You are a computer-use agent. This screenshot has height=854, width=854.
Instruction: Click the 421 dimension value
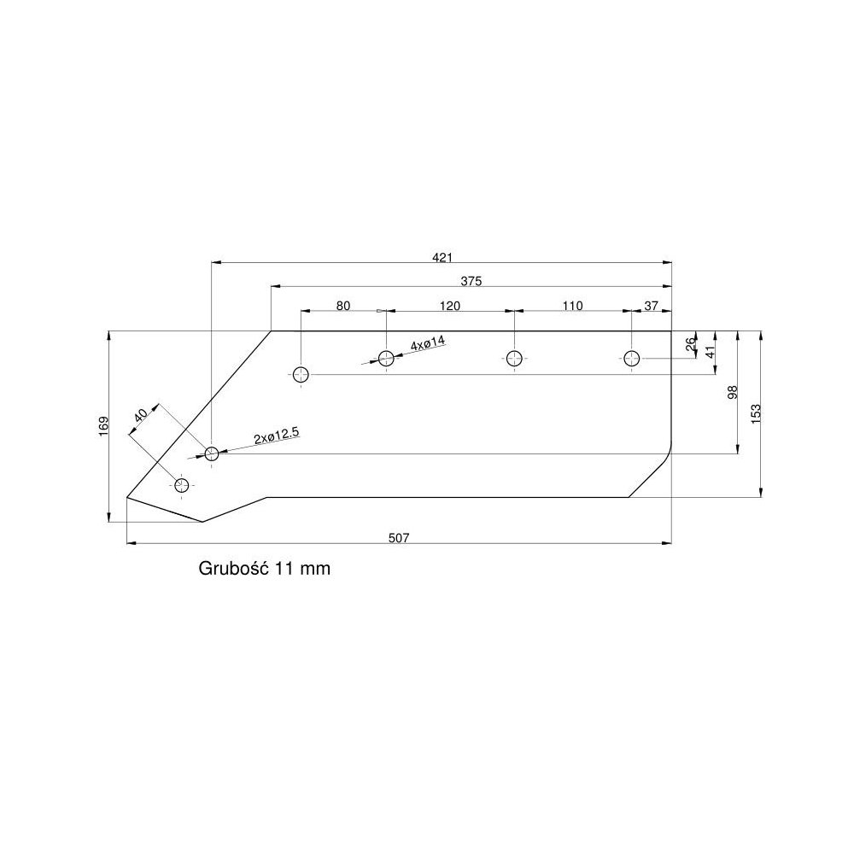(x=442, y=256)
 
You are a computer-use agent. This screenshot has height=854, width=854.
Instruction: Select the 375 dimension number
(x=471, y=281)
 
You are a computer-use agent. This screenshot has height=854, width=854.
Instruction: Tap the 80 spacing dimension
(x=342, y=306)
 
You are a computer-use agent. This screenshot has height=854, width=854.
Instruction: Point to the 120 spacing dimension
(x=450, y=306)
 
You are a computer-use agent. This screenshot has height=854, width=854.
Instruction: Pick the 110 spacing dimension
(x=571, y=306)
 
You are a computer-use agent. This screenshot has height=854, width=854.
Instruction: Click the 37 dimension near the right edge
(x=652, y=306)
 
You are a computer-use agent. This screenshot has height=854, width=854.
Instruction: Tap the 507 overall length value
(x=399, y=537)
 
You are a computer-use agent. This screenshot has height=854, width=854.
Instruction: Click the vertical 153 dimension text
(x=755, y=412)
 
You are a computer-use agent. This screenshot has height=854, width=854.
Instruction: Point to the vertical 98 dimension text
(x=732, y=392)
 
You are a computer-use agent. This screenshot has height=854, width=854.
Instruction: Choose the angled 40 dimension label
(x=141, y=415)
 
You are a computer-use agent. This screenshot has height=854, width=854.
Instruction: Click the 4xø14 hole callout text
(x=429, y=344)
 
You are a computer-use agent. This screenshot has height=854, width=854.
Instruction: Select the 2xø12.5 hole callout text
(x=276, y=436)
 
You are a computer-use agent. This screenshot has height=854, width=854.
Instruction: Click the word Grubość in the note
(x=234, y=568)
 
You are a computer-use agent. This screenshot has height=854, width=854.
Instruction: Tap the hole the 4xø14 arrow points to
(x=386, y=358)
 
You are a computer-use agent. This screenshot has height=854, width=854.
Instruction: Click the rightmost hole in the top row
(x=631, y=358)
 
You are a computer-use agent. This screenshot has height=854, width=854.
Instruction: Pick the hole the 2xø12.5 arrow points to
(x=212, y=453)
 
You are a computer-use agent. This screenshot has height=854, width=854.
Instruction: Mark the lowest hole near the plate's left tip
(x=181, y=485)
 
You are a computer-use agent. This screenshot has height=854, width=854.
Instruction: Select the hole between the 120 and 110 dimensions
(x=513, y=358)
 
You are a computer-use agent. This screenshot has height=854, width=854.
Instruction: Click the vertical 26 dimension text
(x=691, y=345)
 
